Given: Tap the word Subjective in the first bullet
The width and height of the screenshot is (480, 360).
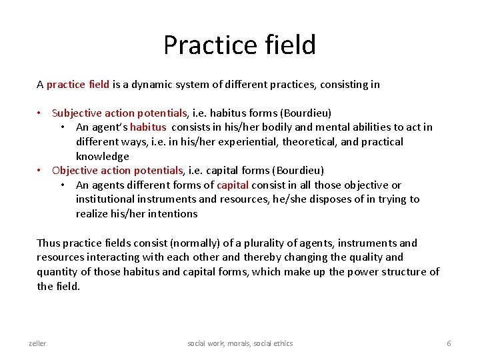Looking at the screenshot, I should pos(77,113).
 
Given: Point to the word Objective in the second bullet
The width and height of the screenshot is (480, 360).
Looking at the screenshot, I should pos(74,171).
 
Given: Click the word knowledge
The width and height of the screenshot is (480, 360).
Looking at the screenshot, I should pos(103,157).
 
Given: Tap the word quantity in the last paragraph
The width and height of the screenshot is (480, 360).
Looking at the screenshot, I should pos(57,272).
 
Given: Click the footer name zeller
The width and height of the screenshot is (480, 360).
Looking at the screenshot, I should pos(37,343).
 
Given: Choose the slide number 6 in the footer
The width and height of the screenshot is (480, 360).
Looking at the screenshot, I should pos(449,343).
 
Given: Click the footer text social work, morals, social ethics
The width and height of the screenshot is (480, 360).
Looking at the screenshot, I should pos(240,343).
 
